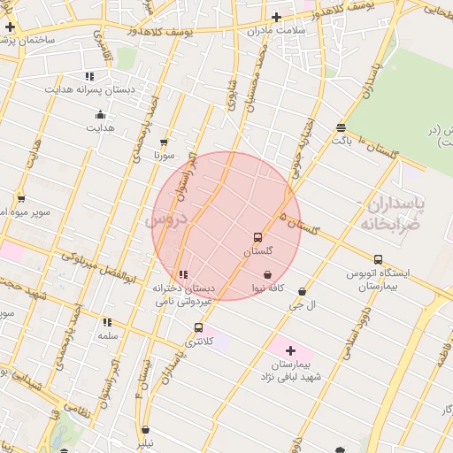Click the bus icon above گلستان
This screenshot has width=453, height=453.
[x=257, y=237]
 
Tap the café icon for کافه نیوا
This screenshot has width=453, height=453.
[x=267, y=275]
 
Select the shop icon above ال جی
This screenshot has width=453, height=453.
[x=303, y=291]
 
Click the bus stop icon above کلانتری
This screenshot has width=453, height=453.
[x=198, y=327]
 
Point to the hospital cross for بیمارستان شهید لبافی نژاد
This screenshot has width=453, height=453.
[x=289, y=350]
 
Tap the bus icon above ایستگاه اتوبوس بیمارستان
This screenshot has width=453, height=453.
[x=378, y=260]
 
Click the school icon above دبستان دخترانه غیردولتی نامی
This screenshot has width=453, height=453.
[x=183, y=275]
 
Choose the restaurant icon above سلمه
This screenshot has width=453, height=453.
[x=107, y=323]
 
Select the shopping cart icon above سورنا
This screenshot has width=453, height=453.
[x=164, y=142]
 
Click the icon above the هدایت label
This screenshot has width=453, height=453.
[x=100, y=114]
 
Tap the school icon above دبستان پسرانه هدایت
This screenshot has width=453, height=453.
[x=88, y=76]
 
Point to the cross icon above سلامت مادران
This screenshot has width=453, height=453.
[x=276, y=17]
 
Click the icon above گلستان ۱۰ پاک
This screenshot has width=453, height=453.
[x=341, y=128]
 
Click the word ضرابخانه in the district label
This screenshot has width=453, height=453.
[x=387, y=224]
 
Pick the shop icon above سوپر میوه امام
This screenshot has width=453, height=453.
[x=20, y=198]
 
